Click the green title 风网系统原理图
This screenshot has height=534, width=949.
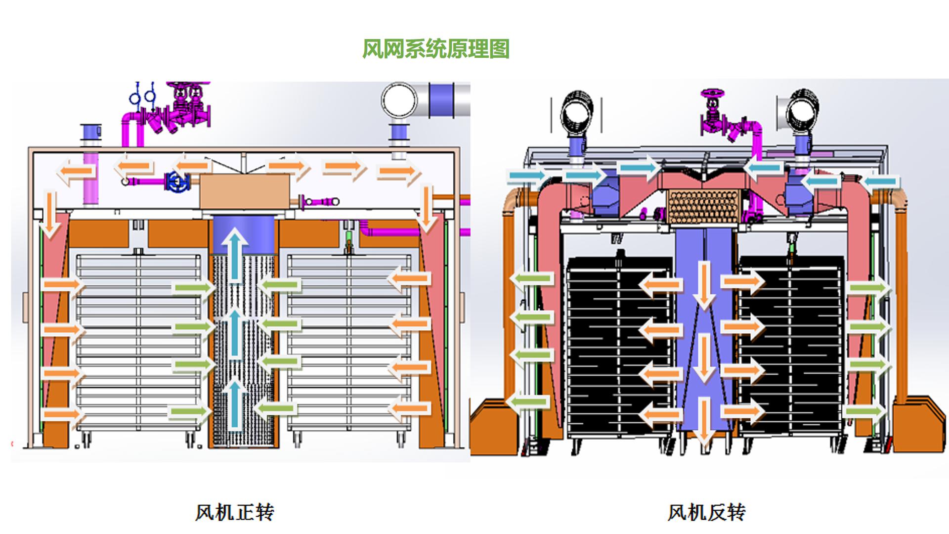point(435,49)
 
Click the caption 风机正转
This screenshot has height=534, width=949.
point(234,512)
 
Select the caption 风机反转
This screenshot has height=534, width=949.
point(706,512)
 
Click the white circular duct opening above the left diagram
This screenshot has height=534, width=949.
point(399,100)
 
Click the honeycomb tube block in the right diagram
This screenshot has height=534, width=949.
point(704,207)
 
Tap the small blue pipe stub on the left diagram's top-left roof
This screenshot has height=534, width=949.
point(91,133)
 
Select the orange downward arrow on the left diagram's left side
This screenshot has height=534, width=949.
point(50,213)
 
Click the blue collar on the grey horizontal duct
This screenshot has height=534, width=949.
point(442,100)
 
